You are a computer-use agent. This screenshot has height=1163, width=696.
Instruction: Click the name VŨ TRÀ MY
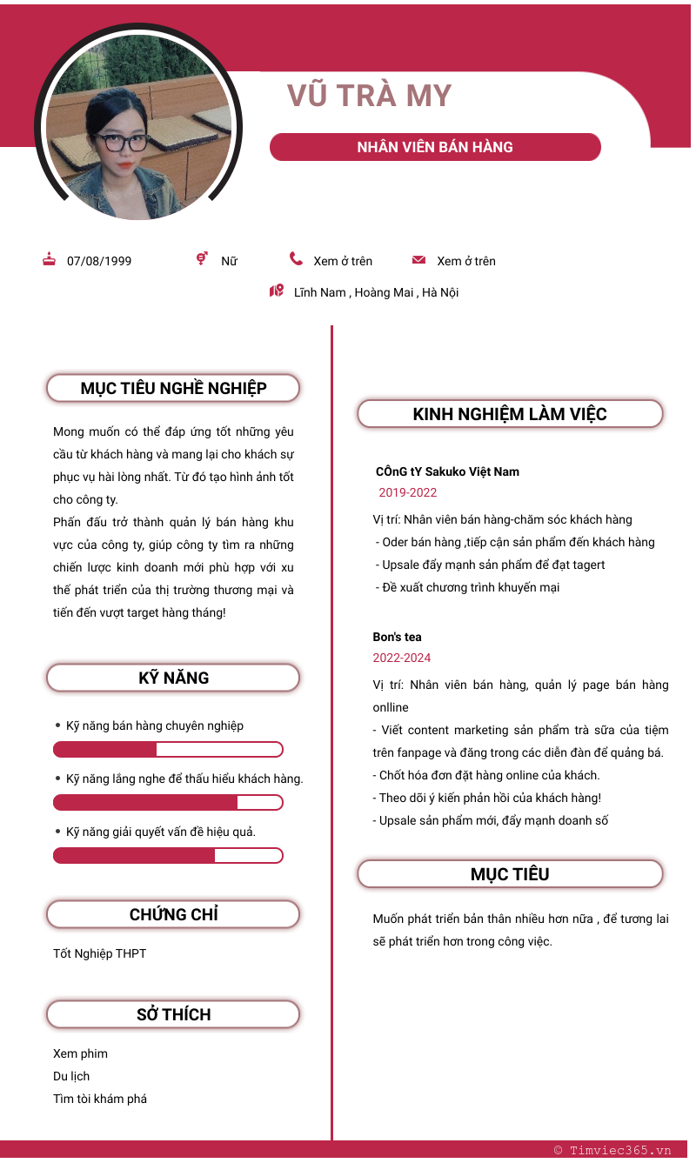coord(369,96)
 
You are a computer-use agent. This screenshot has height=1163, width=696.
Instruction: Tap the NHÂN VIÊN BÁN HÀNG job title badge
coord(435,147)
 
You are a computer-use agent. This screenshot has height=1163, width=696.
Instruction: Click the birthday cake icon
coord(50,259)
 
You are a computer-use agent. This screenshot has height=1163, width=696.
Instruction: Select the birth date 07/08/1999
coord(99,261)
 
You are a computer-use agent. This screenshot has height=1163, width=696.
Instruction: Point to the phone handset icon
coord(297,259)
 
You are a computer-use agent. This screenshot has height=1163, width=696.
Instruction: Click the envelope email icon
coord(418,260)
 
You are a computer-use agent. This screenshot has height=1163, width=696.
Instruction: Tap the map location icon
coord(277,291)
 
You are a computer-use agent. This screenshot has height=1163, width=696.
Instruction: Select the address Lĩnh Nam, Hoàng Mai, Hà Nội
coord(376,292)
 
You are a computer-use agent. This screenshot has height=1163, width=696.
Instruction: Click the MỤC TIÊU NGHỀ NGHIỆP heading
coord(173,388)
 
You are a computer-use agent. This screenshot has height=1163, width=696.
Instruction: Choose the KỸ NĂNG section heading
coord(173,678)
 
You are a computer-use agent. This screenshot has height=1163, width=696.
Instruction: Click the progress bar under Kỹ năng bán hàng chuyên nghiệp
coord(168,750)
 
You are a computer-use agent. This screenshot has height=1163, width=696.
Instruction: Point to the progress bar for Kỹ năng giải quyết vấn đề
coord(168,856)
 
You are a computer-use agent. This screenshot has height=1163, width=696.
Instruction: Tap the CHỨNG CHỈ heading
coord(173,914)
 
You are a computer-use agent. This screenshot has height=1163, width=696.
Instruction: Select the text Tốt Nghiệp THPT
coord(100,953)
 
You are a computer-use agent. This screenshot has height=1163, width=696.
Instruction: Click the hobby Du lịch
coord(71,1076)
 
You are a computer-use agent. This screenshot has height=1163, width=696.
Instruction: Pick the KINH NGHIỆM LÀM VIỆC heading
coord(510,414)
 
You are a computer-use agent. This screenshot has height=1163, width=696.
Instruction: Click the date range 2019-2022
coord(408,492)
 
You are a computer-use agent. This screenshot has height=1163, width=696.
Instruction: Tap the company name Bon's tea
coord(398,637)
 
